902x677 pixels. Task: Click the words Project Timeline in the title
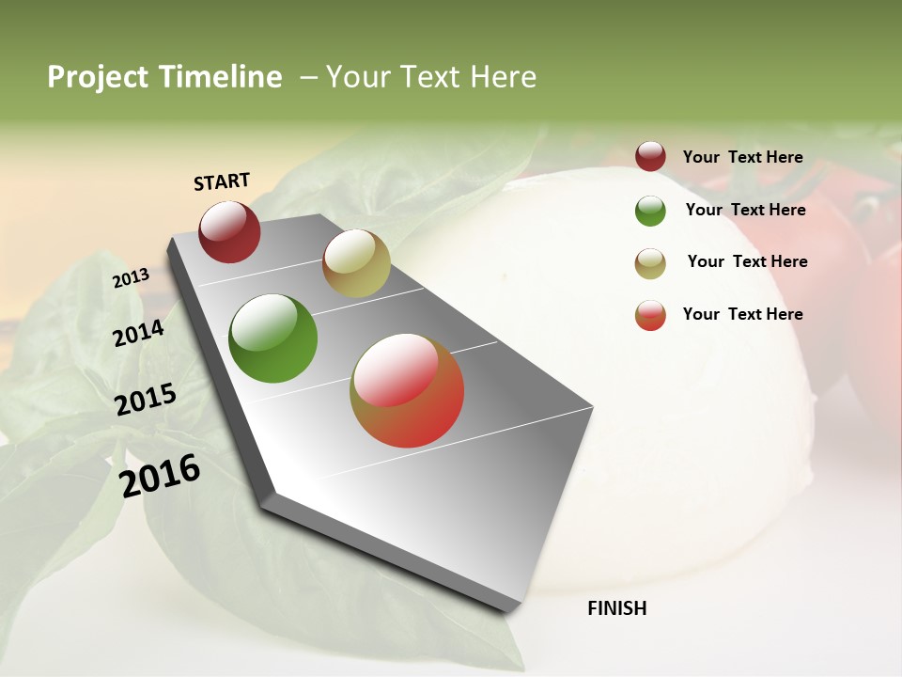coord(164,77)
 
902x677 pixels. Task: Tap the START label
coord(222,181)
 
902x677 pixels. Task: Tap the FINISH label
coord(617,608)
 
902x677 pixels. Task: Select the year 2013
coord(131,278)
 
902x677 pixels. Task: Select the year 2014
coord(138,333)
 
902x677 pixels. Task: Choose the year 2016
coord(160,476)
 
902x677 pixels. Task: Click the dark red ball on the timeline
coord(229,231)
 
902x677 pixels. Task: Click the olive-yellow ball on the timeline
coord(356,263)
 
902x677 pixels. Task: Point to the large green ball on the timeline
coord(273,338)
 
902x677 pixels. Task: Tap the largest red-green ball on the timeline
coord(407,390)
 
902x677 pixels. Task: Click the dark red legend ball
coord(650,157)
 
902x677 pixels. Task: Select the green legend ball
coord(650,211)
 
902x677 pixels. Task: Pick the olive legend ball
coord(650,263)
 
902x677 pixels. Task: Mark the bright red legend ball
coord(650,315)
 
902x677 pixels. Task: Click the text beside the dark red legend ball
coord(742,157)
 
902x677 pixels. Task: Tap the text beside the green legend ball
coord(745,210)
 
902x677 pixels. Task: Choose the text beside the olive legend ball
coord(747,261)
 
